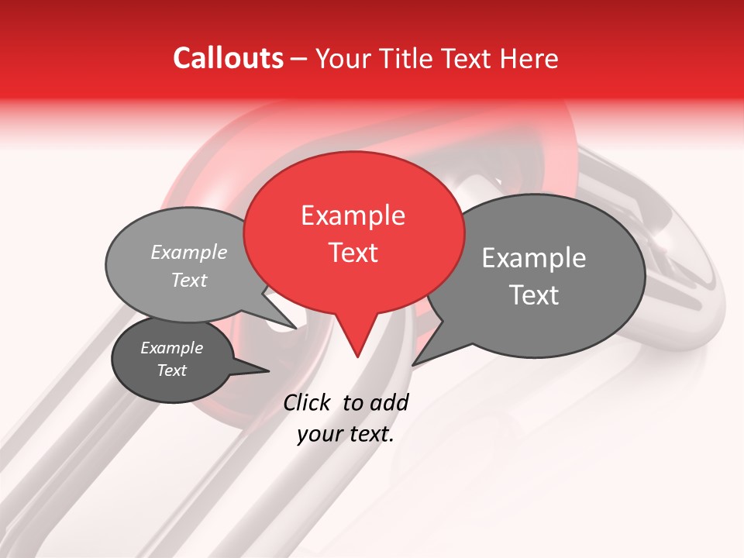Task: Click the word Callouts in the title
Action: (228, 58)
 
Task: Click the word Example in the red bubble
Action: (353, 215)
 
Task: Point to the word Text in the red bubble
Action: (353, 253)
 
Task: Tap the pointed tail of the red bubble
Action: (356, 349)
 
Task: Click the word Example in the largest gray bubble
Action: (533, 258)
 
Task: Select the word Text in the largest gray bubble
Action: (534, 295)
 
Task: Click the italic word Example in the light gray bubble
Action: (188, 253)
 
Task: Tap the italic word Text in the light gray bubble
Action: (188, 280)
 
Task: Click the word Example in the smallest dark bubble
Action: (171, 348)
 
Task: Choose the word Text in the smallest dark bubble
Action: (171, 370)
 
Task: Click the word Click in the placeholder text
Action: (308, 402)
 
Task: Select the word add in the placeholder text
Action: (389, 402)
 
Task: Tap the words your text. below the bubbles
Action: (345, 435)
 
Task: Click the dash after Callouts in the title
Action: (300, 59)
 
